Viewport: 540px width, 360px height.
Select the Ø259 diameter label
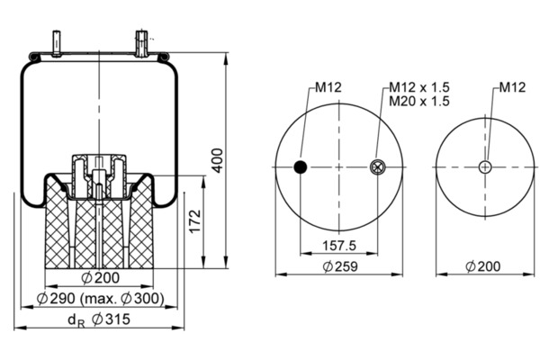pos(339,266)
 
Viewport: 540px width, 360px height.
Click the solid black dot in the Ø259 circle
pos(301,166)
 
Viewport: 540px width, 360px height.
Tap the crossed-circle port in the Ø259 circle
pos(377,166)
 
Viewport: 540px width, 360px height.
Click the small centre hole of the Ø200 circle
pos(484,166)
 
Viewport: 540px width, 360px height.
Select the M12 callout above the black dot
pos(328,87)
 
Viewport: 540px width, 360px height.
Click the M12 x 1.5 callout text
pos(418,87)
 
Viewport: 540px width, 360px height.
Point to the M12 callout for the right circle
pos(512,87)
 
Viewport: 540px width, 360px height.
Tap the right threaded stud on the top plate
pos(141,41)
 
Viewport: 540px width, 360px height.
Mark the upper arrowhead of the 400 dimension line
pos(224,56)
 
